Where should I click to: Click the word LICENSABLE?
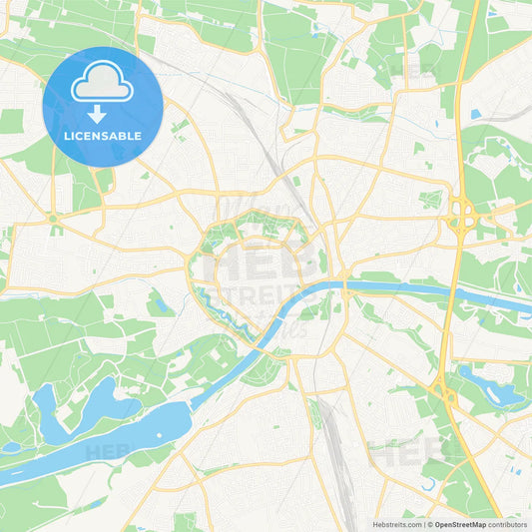[x=102, y=136]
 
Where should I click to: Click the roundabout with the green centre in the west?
[x=52, y=219]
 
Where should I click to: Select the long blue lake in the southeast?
[x=489, y=389]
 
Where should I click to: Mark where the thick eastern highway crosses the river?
[x=450, y=292]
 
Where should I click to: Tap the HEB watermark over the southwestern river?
[x=108, y=451]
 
